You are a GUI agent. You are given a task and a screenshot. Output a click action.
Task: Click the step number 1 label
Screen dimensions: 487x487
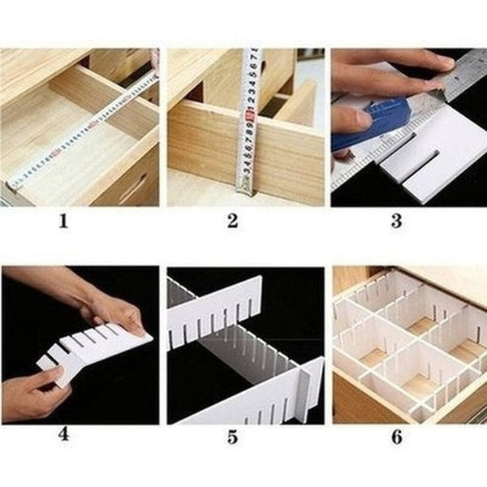click(x=63, y=221)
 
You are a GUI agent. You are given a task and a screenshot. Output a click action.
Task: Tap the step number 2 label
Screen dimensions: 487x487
click(x=232, y=221)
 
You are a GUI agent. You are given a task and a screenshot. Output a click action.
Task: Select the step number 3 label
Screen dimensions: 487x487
click(x=396, y=221)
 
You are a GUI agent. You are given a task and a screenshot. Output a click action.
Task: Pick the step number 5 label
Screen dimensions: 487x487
click(x=232, y=437)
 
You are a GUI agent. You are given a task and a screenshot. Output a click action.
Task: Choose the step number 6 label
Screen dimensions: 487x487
click(x=396, y=437)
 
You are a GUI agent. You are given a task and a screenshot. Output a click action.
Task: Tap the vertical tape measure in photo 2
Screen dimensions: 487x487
click(x=248, y=122)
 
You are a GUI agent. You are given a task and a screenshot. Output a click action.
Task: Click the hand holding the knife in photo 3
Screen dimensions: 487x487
click(x=349, y=122)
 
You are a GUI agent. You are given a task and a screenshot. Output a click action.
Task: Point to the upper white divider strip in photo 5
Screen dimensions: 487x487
click(x=215, y=312)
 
